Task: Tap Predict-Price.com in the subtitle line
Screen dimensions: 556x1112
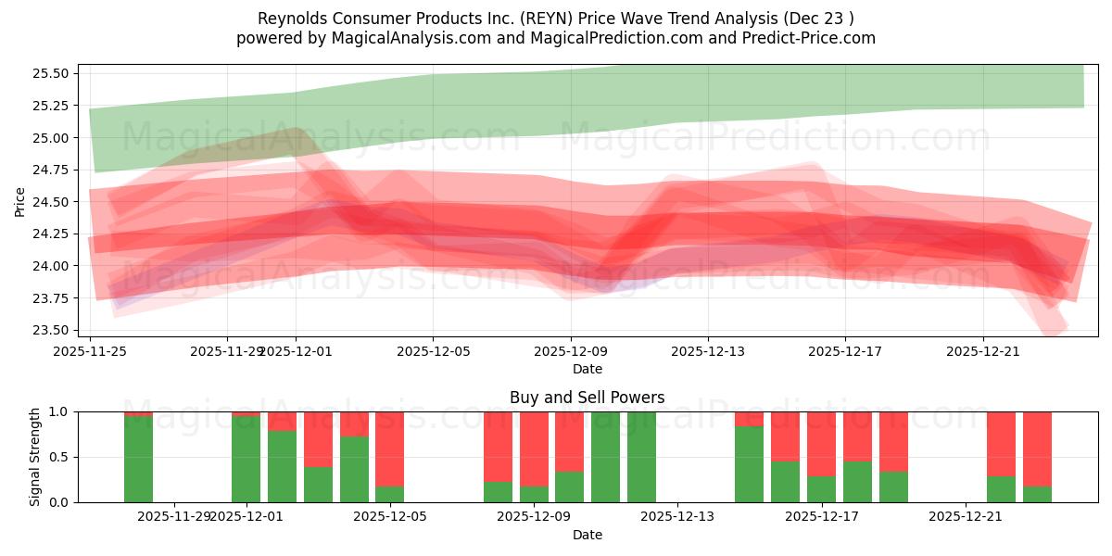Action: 811,38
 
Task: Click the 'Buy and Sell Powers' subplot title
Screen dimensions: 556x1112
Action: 587,398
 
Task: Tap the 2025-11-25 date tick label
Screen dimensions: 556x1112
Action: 90,351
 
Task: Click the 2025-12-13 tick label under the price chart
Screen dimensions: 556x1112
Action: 707,351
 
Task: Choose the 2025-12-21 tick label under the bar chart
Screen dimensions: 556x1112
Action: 966,516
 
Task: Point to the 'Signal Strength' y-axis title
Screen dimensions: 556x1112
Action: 35,457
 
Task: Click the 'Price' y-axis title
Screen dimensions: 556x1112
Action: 20,201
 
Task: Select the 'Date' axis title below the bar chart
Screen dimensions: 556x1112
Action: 587,535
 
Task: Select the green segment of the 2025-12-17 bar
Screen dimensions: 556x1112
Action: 821,489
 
